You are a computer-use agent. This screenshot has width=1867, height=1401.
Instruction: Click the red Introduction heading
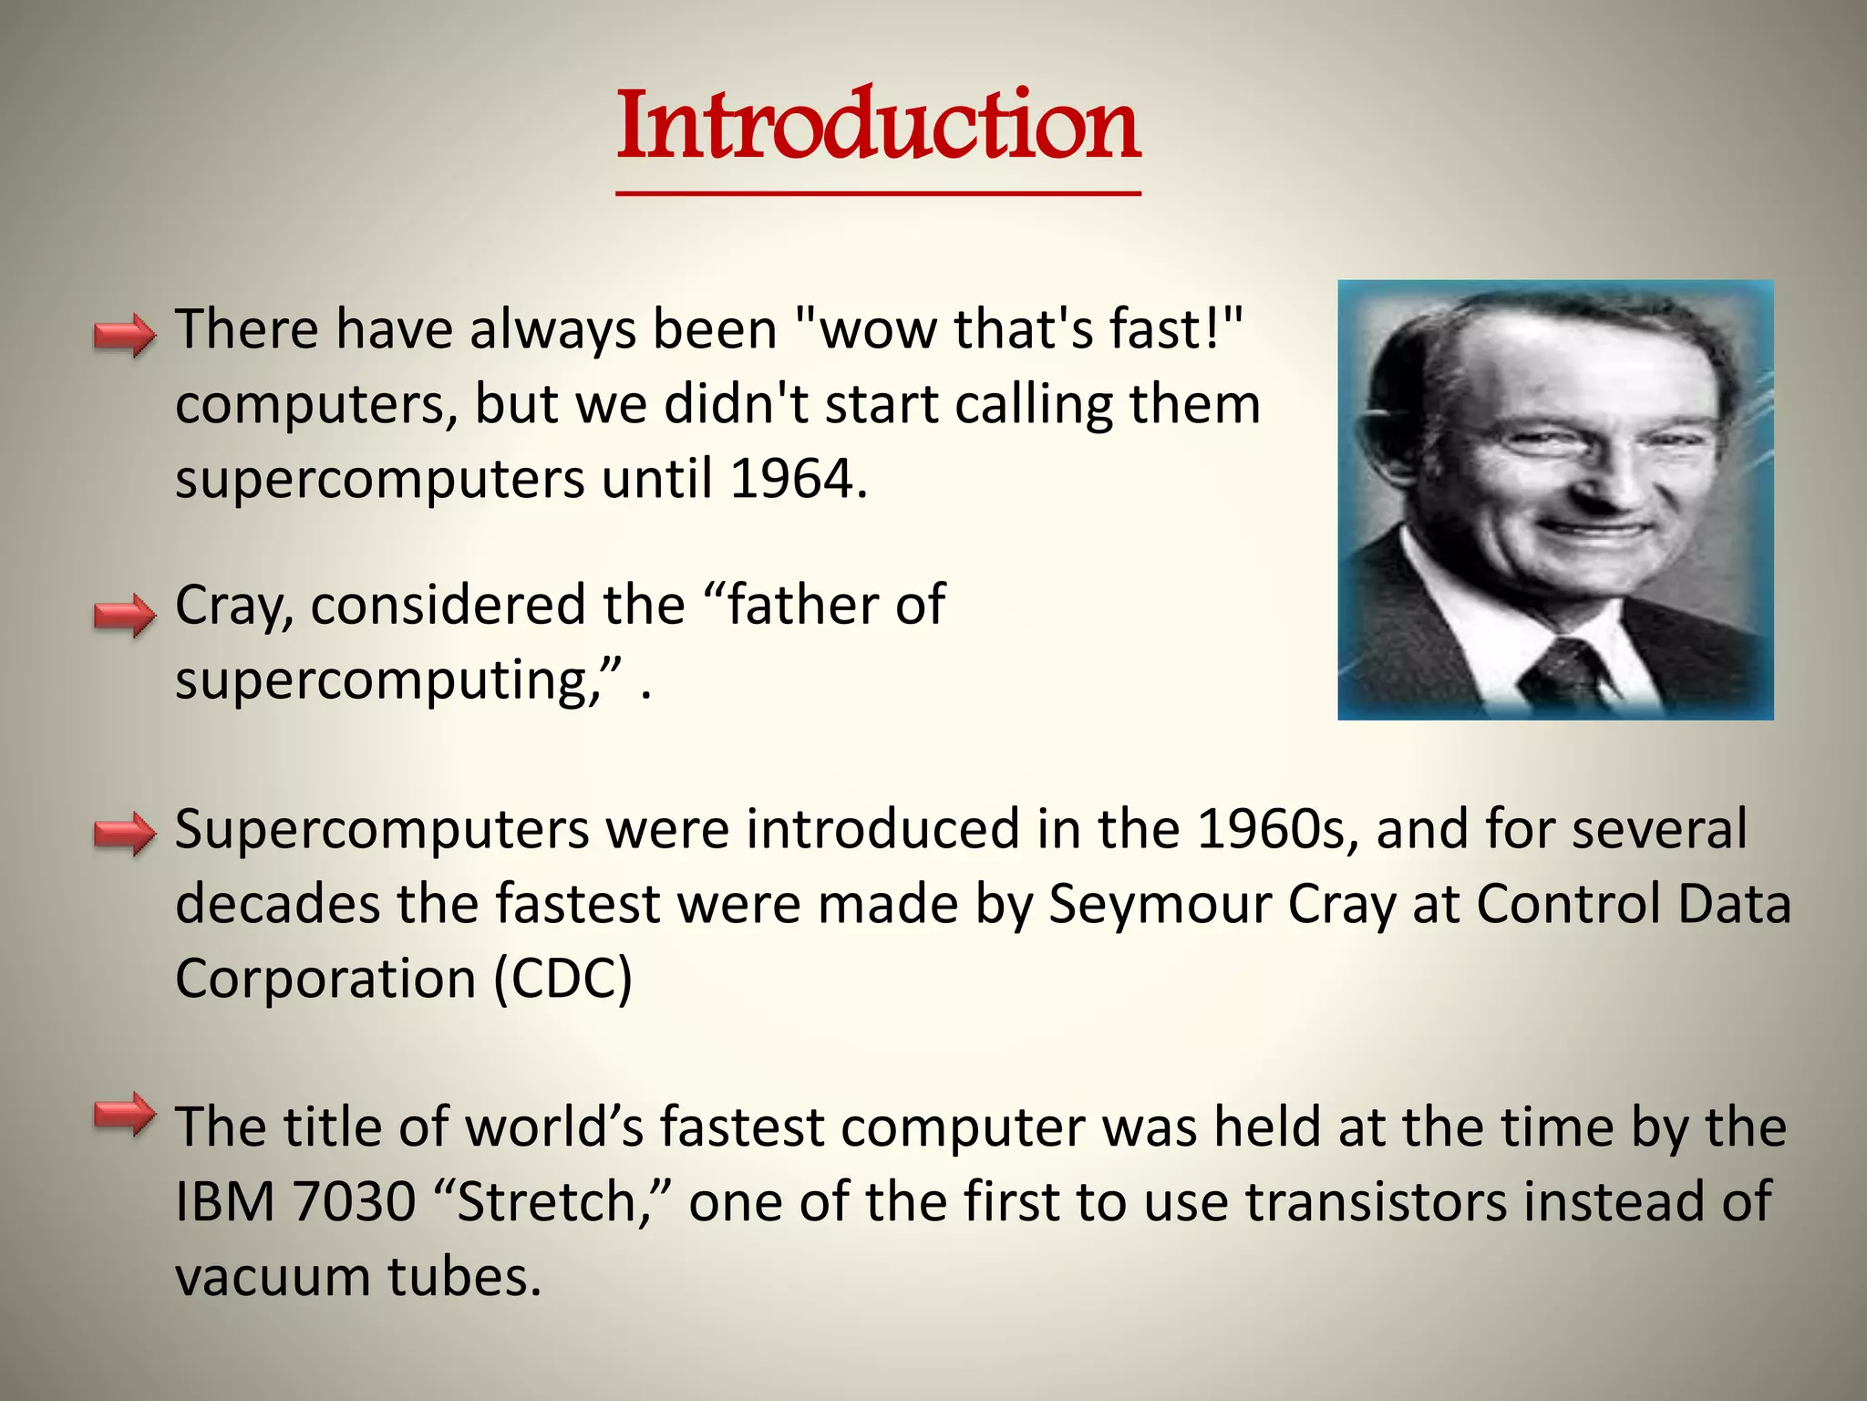(878, 125)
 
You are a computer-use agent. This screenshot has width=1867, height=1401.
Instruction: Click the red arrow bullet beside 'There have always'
(125, 336)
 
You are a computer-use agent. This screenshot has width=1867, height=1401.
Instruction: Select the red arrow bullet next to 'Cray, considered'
(125, 615)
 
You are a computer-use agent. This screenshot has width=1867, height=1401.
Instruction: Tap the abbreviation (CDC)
(562, 979)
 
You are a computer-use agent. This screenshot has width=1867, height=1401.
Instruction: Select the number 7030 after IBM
(355, 1201)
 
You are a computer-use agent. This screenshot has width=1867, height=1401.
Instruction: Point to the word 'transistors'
(1376, 1201)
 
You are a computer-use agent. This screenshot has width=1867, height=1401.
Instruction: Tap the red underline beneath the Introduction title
(878, 193)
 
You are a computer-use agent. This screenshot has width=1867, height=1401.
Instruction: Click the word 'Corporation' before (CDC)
(325, 979)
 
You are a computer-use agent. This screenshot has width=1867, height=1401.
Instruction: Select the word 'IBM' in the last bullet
(224, 1201)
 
